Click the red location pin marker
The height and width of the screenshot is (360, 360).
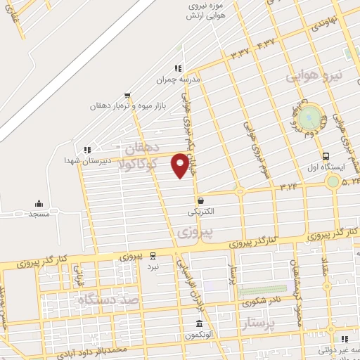point(181,165)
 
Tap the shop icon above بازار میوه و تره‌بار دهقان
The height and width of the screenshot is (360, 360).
point(127,96)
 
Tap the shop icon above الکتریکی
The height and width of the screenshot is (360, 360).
point(201,200)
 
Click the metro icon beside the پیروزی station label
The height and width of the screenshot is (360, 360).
point(153,255)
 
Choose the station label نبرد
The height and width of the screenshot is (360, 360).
point(153,266)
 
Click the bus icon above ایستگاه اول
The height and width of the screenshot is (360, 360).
point(325,156)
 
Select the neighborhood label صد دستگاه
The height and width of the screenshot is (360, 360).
point(111,300)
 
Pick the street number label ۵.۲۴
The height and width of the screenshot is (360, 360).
point(349,183)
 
